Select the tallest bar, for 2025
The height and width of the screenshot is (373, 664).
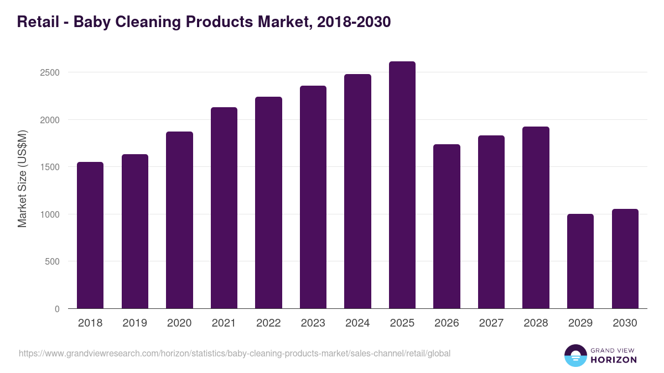(402, 185)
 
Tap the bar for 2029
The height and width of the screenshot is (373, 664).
(580, 261)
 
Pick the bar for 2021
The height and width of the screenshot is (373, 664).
(224, 208)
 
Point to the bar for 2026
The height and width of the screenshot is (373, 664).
(447, 226)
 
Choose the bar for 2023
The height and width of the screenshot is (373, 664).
(313, 197)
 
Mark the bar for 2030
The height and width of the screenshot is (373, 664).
(625, 259)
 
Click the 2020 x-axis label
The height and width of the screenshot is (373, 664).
(179, 323)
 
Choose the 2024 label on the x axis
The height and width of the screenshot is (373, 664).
(357, 323)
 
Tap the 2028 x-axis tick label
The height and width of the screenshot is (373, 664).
(536, 323)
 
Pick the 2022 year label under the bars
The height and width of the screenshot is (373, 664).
(268, 323)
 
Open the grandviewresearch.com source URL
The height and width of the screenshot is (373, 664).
(235, 353)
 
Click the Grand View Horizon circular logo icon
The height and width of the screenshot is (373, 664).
(575, 355)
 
